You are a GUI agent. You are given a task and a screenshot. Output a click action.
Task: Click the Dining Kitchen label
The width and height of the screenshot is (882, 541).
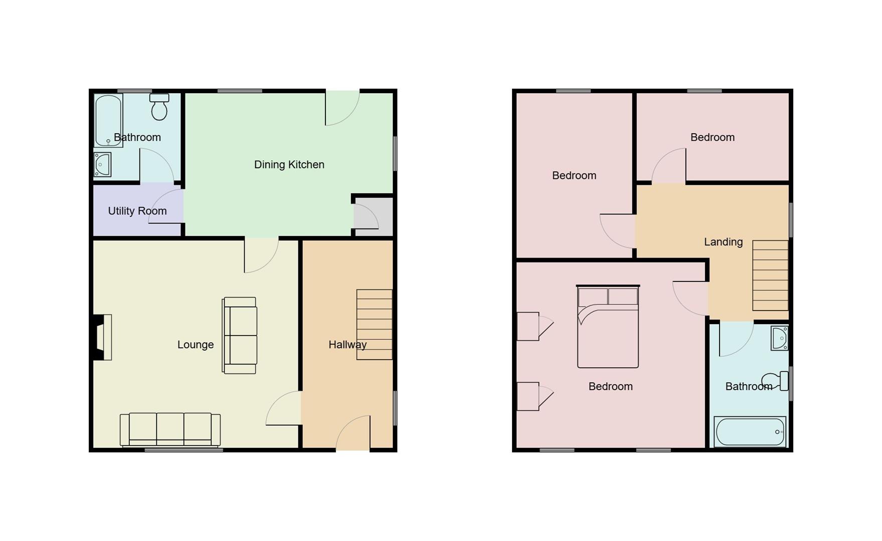pyautogui.click(x=289, y=165)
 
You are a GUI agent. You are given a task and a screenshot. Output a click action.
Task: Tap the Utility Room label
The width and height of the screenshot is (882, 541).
pyautogui.click(x=137, y=211)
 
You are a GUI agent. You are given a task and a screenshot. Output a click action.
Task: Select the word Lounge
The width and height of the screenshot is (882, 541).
pyautogui.click(x=196, y=345)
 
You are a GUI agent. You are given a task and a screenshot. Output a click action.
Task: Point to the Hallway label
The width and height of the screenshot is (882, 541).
pyautogui.click(x=347, y=345)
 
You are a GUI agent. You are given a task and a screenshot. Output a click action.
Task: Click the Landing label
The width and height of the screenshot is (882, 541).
pyautogui.click(x=723, y=242)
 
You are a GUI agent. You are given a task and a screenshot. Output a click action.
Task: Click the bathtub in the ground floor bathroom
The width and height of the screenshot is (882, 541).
pyautogui.click(x=108, y=120)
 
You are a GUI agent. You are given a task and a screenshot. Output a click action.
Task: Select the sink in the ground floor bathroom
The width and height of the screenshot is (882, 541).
pyautogui.click(x=102, y=164)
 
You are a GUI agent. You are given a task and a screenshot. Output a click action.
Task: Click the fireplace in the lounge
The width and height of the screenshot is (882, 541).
pyautogui.click(x=102, y=337)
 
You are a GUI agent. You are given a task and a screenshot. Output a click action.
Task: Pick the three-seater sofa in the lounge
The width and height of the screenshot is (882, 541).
pyautogui.click(x=170, y=429)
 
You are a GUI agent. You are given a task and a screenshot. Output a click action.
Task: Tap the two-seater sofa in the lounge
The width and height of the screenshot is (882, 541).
pyautogui.click(x=240, y=335)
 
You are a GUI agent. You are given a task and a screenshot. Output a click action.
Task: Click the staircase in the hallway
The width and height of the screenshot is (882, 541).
pyautogui.click(x=374, y=324)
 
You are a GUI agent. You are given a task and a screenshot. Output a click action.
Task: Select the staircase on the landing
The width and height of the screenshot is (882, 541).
pyautogui.click(x=770, y=276)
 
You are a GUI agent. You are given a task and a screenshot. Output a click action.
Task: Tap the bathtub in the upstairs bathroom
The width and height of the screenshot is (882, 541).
pyautogui.click(x=750, y=432)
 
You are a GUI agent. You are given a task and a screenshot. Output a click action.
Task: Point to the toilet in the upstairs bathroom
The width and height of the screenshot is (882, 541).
pyautogui.click(x=776, y=381)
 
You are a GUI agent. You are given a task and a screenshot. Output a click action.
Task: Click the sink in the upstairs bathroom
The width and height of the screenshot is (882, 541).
pyautogui.click(x=779, y=338)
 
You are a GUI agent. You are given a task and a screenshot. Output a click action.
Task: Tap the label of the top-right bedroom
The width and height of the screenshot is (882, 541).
pyautogui.click(x=712, y=137)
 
